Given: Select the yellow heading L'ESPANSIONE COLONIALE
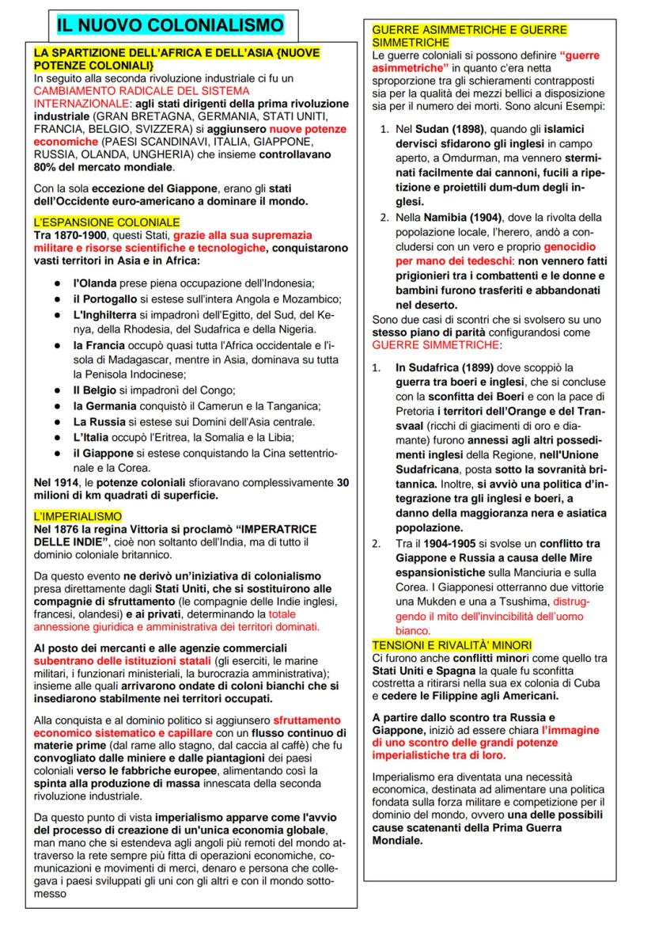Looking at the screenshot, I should (x=107, y=223).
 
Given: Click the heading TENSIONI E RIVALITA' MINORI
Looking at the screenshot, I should (x=452, y=645).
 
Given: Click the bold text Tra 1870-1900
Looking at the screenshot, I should (x=70, y=235).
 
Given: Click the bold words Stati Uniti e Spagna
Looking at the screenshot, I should (x=422, y=671).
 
